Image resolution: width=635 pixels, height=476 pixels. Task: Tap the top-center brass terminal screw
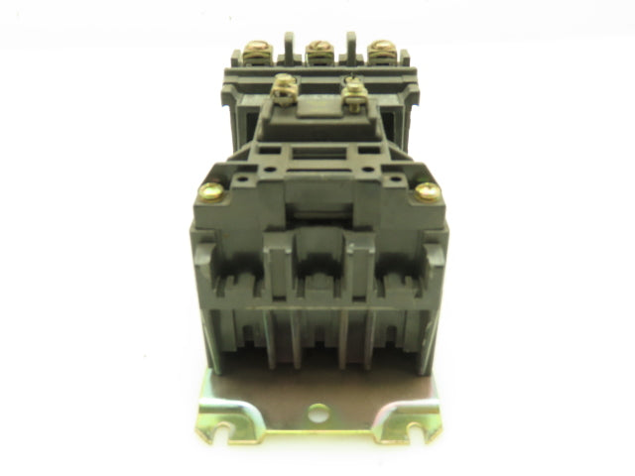(317, 49)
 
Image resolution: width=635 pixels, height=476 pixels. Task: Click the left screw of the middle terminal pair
(285, 86)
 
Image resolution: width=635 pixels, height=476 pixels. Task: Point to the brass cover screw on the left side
(209, 191)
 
